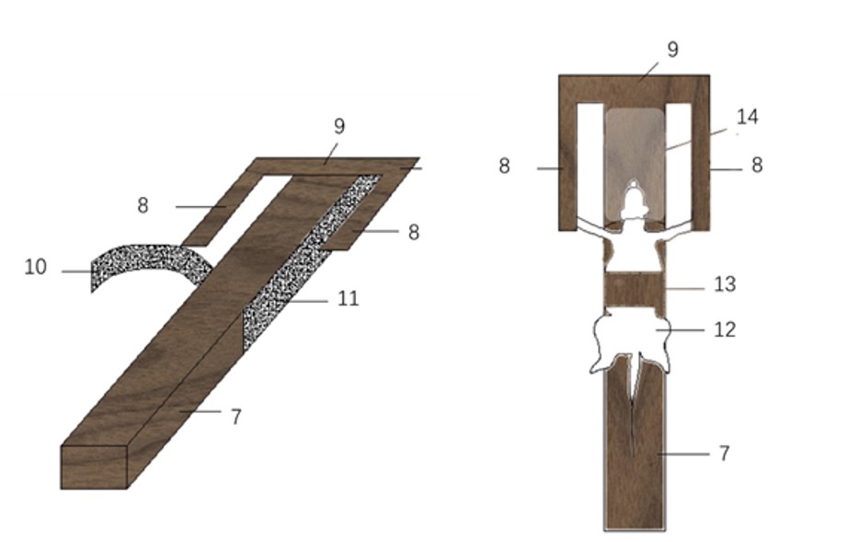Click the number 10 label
click(36, 267)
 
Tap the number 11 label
click(348, 298)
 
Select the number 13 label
click(725, 284)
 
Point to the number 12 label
click(725, 329)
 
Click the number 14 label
click(748, 117)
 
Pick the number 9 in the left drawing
click(339, 126)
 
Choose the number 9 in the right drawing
click(672, 50)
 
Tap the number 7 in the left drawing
click(236, 417)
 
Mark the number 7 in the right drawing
click(725, 453)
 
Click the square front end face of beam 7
click(94, 467)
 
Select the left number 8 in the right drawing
click(504, 166)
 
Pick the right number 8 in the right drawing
click(757, 166)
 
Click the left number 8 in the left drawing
click(143, 205)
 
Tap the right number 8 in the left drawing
click(413, 233)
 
